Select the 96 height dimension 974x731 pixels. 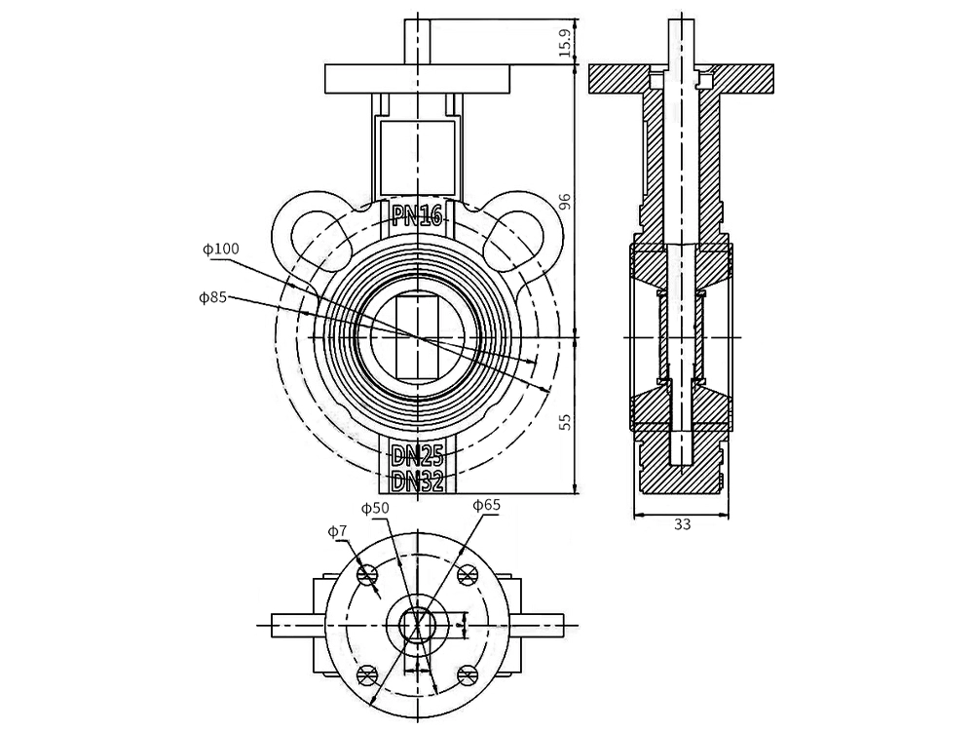(x=564, y=202)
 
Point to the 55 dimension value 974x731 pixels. (x=564, y=421)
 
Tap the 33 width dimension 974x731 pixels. (x=682, y=524)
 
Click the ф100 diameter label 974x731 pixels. (x=221, y=249)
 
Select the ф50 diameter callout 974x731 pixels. (x=375, y=508)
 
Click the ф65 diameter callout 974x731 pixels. (x=486, y=504)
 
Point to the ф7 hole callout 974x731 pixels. (x=337, y=531)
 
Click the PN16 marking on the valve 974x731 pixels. (x=417, y=215)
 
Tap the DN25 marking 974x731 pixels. (x=417, y=455)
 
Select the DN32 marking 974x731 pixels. (x=417, y=480)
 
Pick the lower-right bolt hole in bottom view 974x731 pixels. (x=468, y=674)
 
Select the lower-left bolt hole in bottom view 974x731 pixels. (x=367, y=674)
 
